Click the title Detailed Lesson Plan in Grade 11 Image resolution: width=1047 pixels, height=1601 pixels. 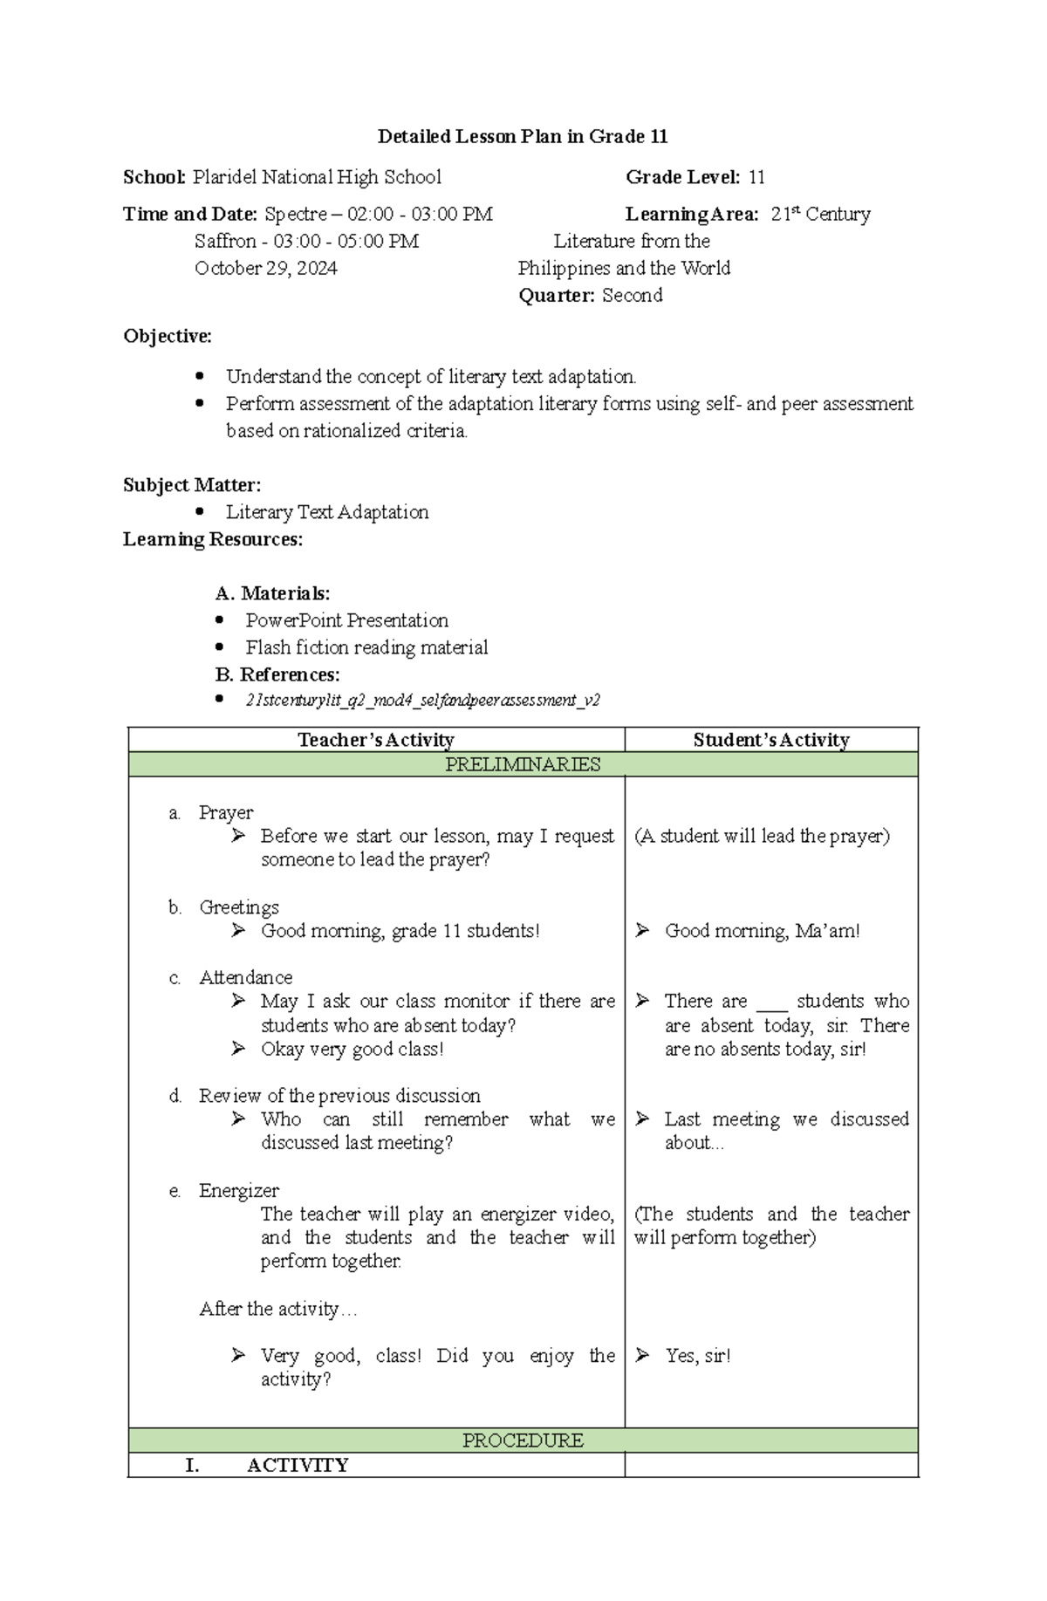523,136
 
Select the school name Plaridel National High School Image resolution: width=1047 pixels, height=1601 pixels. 317,177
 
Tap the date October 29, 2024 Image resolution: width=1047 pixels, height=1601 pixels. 266,268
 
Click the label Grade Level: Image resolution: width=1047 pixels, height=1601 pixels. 682,177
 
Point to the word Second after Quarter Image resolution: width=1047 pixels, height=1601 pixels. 632,295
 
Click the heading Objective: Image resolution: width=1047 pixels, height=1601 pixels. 168,336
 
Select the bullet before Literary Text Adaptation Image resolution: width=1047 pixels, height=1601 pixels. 200,511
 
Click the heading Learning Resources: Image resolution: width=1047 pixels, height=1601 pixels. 213,539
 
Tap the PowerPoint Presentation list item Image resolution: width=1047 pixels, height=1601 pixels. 346,620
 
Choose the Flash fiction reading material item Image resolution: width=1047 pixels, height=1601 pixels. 366,647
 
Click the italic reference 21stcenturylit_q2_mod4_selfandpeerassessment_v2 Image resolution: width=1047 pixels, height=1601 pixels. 422,700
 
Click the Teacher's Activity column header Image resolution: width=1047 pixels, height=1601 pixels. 376,740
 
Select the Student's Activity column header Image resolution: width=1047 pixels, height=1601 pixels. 771,740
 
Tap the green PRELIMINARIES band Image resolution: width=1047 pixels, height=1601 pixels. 523,764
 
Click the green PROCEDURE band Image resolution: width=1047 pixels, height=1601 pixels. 523,1440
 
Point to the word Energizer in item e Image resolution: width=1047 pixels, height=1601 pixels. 239,1190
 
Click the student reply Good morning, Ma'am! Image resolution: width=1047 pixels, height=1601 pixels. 762,931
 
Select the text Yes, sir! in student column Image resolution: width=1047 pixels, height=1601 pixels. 698,1355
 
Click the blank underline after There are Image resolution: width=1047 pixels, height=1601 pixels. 772,1003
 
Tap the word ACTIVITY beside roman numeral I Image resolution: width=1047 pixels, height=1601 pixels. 298,1465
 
